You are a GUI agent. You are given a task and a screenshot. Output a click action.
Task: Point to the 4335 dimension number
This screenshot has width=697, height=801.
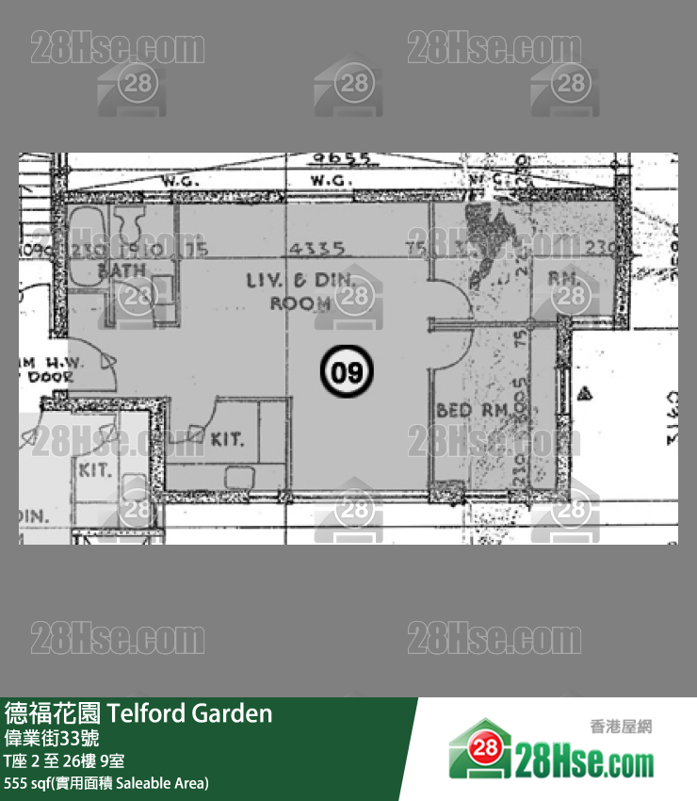pos(317,249)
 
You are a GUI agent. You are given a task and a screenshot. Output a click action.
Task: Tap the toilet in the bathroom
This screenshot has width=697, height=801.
pos(131,226)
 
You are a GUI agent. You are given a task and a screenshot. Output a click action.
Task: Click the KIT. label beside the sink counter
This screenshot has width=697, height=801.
pos(227,439)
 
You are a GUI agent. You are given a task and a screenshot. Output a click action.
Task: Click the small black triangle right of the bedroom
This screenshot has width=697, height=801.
pos(586,391)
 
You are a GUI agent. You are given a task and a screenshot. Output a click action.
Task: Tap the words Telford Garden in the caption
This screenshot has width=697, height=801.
pos(191,713)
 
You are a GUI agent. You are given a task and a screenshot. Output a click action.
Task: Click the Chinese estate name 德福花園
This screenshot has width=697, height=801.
pos(53,713)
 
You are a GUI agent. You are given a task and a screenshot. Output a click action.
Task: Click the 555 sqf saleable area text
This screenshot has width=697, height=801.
pos(106,783)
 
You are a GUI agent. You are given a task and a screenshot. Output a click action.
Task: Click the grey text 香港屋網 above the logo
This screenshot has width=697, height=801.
pos(621,727)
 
